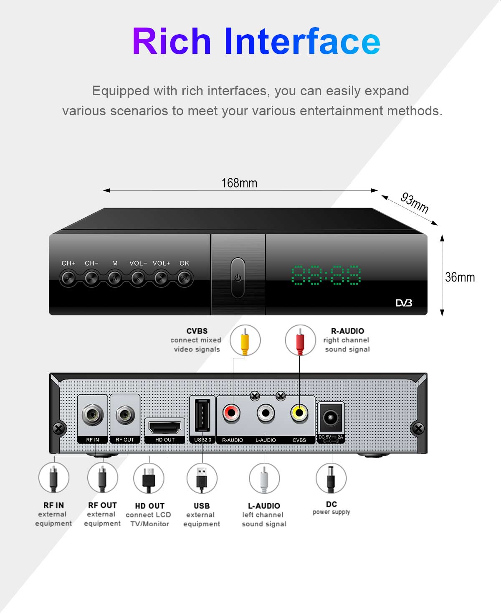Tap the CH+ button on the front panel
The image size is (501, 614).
coord(68,277)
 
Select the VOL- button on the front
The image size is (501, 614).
coord(138,277)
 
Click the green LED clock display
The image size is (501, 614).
coord(326,275)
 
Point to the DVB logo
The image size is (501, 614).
coord(404,302)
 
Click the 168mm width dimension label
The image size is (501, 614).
coord(239,183)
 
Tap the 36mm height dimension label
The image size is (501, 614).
coord(460,277)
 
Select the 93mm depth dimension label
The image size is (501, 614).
coord(415,203)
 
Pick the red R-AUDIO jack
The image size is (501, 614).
coord(232,413)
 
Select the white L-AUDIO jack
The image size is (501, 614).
coord(266,413)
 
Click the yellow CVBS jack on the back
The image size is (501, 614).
coord(299,413)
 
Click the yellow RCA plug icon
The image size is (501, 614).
coord(245,340)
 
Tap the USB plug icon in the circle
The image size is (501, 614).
coord(202,478)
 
